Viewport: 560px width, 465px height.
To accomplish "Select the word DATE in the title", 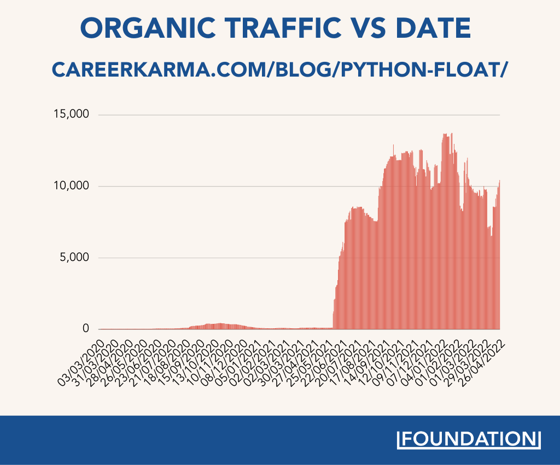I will point(435,27).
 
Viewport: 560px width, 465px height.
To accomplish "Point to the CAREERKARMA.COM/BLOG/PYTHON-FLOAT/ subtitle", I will point(279,69).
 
